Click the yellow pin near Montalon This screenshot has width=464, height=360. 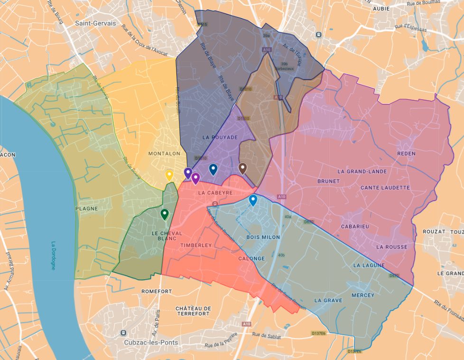coord(169,175)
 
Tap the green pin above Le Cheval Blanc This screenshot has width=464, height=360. coord(165,214)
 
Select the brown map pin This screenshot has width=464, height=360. coord(242,168)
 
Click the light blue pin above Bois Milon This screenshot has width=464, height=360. coord(253,200)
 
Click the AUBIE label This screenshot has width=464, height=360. coord(381,9)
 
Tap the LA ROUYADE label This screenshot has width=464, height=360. coord(220,137)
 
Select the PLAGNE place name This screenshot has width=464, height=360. coord(87,208)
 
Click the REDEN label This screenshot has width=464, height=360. coord(407,153)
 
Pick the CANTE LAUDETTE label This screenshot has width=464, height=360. coord(385,188)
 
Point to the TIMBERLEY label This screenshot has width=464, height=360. coord(195,246)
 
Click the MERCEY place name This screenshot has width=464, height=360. coord(363,295)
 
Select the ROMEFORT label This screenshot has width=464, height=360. coord(157,291)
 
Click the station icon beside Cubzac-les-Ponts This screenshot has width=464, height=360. coord(123,333)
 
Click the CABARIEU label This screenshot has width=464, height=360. coord(355,227)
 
